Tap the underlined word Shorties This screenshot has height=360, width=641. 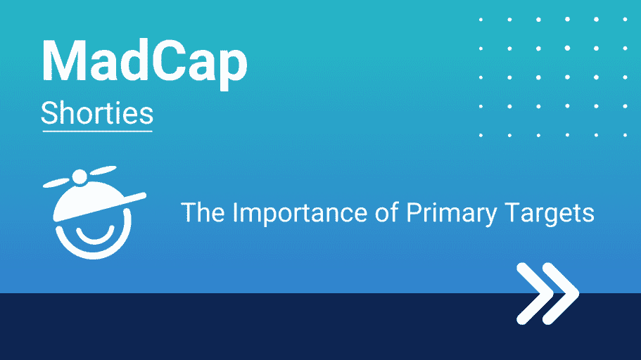point(97,112)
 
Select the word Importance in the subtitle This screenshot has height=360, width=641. point(300,212)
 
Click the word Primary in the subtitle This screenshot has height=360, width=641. point(451,213)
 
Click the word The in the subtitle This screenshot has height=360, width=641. point(203,212)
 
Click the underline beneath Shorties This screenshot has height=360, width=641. point(97,131)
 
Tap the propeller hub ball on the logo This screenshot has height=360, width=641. point(80,176)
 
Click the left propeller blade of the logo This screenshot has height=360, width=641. point(56,183)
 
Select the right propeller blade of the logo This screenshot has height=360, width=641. point(103,170)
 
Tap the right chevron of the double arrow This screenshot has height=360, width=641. point(561,293)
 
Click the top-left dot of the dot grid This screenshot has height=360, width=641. point(481,19)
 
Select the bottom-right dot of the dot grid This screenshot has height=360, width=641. point(625,135)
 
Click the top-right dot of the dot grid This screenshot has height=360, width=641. point(625,19)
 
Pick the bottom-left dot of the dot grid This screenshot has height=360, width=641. point(481,135)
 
